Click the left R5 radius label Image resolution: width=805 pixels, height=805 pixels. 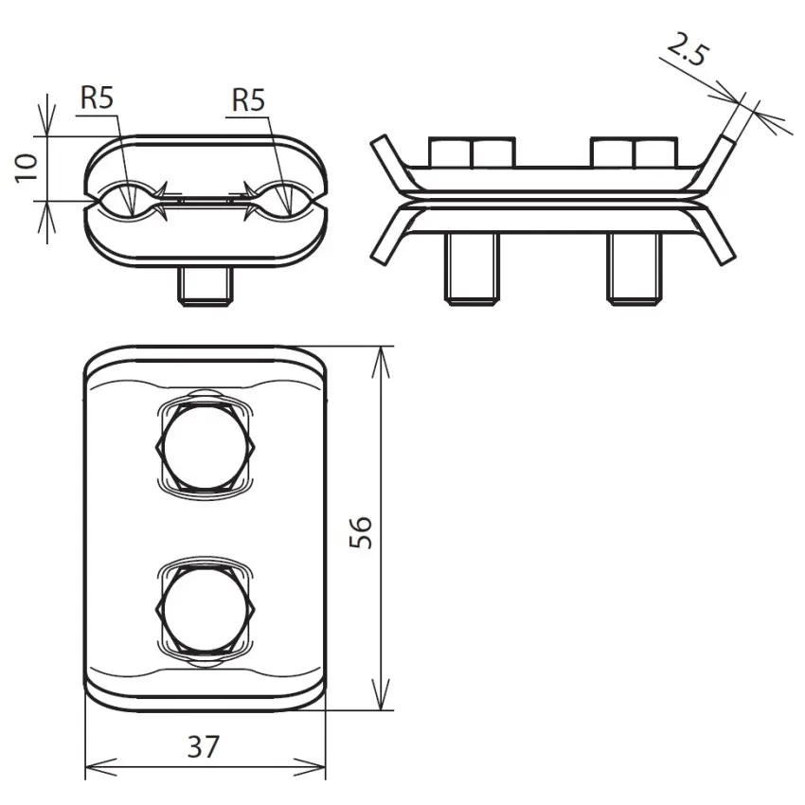pos(97,98)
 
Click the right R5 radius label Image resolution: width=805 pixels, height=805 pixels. pos(248,99)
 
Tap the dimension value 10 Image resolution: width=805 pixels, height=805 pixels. pos(27,168)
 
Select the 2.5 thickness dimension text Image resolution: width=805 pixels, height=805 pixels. pos(689,49)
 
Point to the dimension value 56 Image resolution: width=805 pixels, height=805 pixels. pos(361,532)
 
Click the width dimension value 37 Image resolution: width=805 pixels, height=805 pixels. pos(204,747)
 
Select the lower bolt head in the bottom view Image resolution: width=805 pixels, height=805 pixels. pos(206,608)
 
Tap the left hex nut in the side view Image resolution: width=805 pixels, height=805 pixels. pos(472,152)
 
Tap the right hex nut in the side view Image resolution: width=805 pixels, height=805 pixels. pos(634,152)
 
